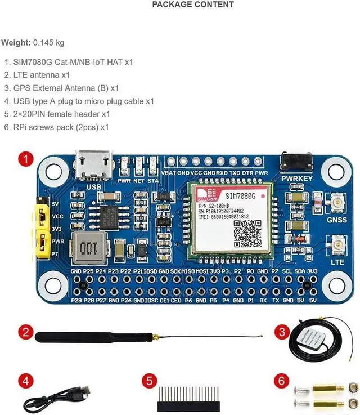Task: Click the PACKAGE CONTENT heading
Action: (x=193, y=5)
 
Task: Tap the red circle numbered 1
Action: (x=25, y=159)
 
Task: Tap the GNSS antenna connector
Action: (x=338, y=201)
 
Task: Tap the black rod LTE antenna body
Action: (x=90, y=337)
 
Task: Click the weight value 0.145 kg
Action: (x=49, y=43)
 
